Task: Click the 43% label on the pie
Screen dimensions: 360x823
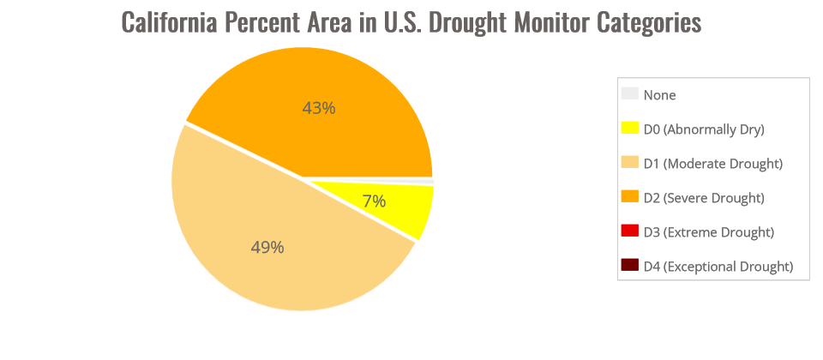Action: click(318, 108)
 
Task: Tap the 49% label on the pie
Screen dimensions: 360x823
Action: click(267, 247)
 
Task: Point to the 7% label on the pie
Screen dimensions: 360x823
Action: click(374, 201)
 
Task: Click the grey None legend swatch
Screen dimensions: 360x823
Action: click(630, 94)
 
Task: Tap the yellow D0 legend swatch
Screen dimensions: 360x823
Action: click(630, 129)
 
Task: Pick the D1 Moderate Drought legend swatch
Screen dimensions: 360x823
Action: click(630, 163)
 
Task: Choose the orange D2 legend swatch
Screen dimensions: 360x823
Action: click(630, 197)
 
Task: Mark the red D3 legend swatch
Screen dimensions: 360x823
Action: click(630, 231)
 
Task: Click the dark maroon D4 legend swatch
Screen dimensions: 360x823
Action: click(630, 266)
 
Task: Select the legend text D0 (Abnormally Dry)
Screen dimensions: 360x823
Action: click(703, 129)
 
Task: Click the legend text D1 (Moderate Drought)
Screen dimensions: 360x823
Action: click(713, 164)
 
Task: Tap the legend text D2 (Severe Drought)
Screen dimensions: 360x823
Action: click(703, 198)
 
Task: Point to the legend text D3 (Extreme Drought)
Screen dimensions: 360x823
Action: click(708, 232)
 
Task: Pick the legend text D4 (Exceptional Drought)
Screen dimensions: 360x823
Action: click(718, 267)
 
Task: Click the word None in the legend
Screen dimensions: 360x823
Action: click(659, 95)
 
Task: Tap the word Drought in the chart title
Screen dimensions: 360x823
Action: click(470, 22)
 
